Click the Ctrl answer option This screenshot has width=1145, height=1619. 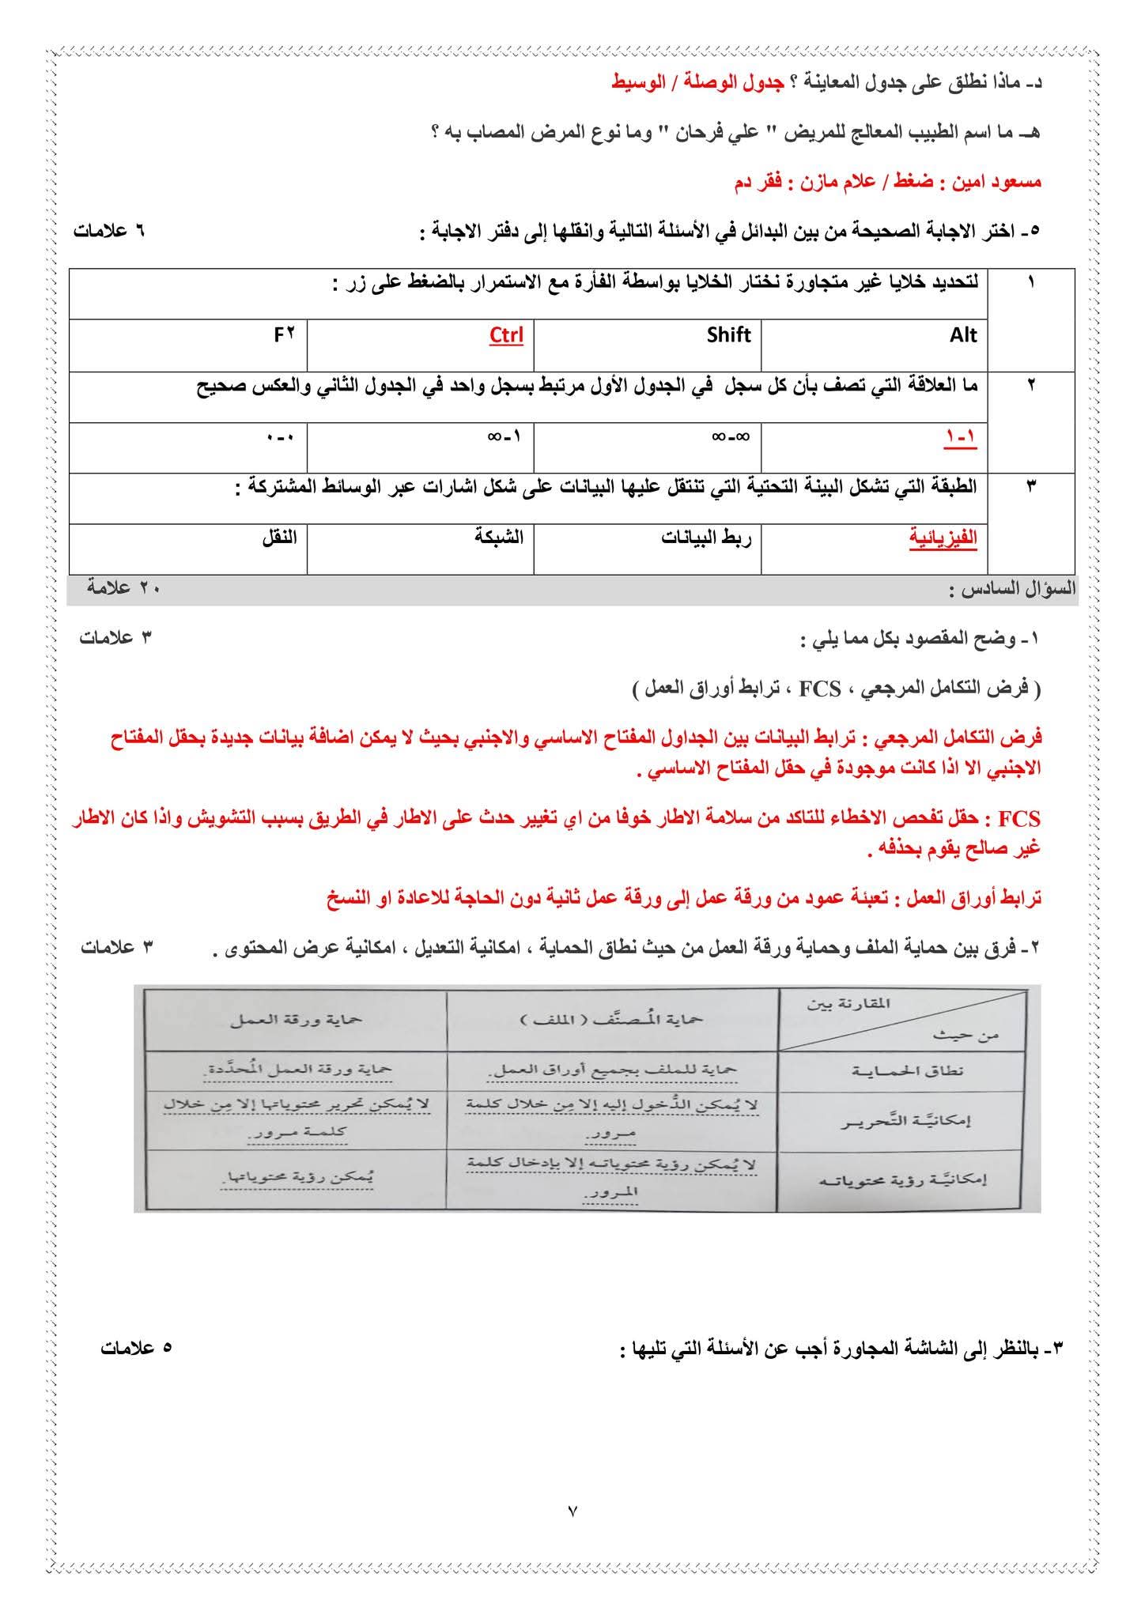[x=506, y=335]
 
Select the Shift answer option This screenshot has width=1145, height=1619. [x=728, y=335]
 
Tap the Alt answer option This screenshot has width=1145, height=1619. [x=963, y=335]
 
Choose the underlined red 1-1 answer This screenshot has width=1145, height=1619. [x=962, y=436]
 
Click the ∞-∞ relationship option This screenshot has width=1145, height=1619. [x=731, y=436]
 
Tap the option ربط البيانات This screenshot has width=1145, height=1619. [x=706, y=538]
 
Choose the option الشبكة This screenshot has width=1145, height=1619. [x=499, y=538]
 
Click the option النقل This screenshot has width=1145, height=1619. [x=280, y=538]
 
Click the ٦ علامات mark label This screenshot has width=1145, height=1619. [x=110, y=232]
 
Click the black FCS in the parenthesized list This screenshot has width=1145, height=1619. [x=819, y=690]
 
